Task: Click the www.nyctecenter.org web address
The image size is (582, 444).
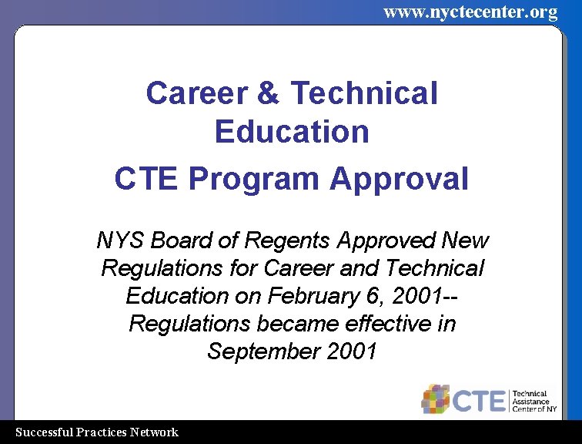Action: (470, 12)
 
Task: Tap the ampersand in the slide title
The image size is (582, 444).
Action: (267, 93)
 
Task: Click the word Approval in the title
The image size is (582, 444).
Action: (399, 179)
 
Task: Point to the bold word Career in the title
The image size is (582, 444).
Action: (195, 93)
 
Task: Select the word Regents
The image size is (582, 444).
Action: (289, 241)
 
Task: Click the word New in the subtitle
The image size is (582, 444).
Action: (464, 240)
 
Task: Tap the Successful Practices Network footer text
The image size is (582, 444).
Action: (97, 432)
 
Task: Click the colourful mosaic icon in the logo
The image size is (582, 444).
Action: (436, 399)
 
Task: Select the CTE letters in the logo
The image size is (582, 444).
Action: (479, 400)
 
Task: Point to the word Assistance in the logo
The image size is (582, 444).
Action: (531, 401)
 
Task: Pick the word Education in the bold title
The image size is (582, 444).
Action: (292, 132)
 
